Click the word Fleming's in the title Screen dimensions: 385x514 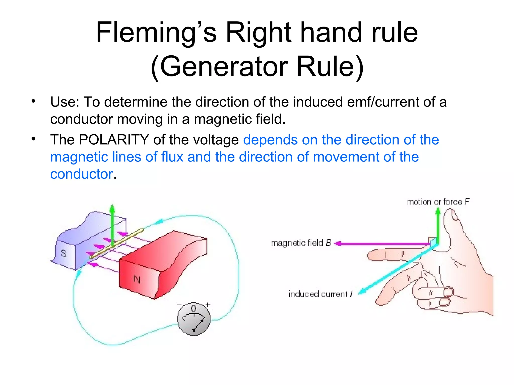(x=156, y=33)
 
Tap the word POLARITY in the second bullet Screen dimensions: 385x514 (x=114, y=140)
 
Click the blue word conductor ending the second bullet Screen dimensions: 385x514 (x=82, y=174)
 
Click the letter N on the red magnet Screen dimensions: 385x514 (x=137, y=279)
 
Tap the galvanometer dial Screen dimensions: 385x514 (x=194, y=319)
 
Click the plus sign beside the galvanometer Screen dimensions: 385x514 (x=208, y=305)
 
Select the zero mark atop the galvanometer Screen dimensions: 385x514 (x=194, y=308)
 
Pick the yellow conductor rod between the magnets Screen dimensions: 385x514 (x=117, y=243)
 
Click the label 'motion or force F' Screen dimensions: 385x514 (x=438, y=202)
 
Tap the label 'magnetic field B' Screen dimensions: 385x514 (x=301, y=243)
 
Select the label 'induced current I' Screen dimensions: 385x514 (x=320, y=294)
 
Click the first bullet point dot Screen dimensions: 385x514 (x=33, y=102)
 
